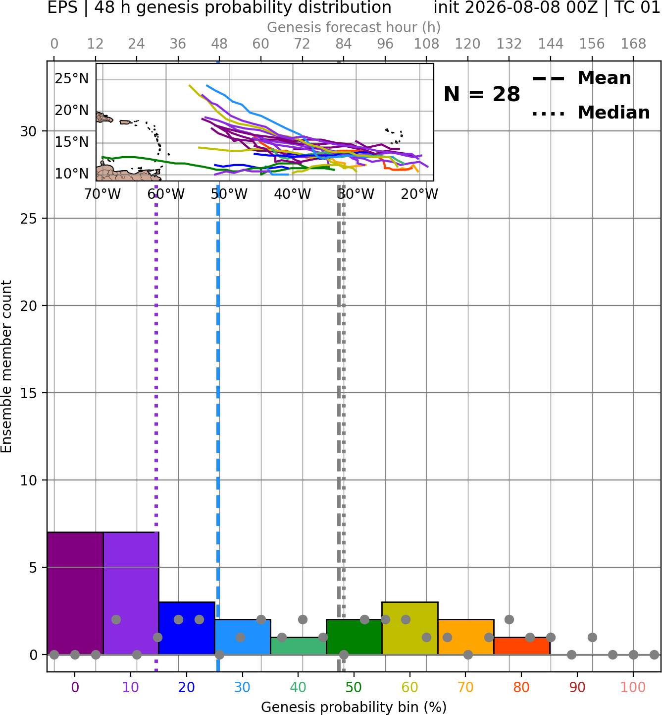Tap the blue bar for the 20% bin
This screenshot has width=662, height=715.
pyautogui.click(x=187, y=628)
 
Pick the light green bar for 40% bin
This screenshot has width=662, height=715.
pyautogui.click(x=299, y=646)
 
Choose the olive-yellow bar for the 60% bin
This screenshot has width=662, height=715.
pyautogui.click(x=410, y=628)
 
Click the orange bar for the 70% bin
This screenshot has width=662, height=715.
pyautogui.click(x=466, y=637)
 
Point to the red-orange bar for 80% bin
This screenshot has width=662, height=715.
pyautogui.click(x=522, y=646)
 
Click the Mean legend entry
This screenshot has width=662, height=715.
pyautogui.click(x=581, y=78)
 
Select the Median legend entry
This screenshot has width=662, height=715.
pyautogui.click(x=591, y=113)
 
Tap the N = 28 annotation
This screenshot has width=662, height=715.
pyautogui.click(x=482, y=94)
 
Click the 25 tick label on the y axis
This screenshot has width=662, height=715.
pyautogui.click(x=29, y=219)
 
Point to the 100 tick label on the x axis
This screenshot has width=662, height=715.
pyautogui.click(x=633, y=687)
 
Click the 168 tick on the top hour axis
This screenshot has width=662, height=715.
pyautogui.click(x=633, y=44)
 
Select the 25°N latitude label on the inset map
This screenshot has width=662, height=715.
pyautogui.click(x=72, y=78)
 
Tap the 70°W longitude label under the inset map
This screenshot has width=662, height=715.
pyautogui.click(x=102, y=194)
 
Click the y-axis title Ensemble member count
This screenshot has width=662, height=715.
pyautogui.click(x=6, y=366)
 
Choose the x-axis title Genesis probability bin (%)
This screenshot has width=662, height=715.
pyautogui.click(x=354, y=707)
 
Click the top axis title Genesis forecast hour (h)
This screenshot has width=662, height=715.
pyautogui.click(x=354, y=27)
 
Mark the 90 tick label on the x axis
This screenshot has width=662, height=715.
pyautogui.click(x=577, y=687)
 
